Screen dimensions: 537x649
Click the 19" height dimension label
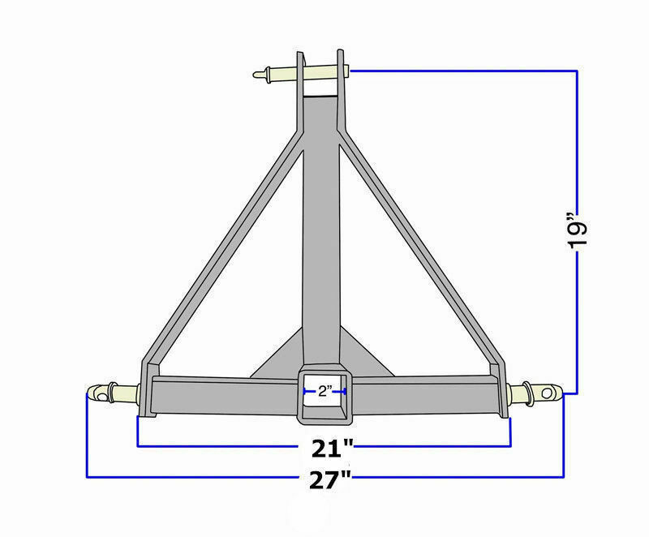[x=577, y=235]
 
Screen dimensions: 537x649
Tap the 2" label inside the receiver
[x=324, y=392]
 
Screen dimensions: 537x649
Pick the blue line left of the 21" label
[x=219, y=446]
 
